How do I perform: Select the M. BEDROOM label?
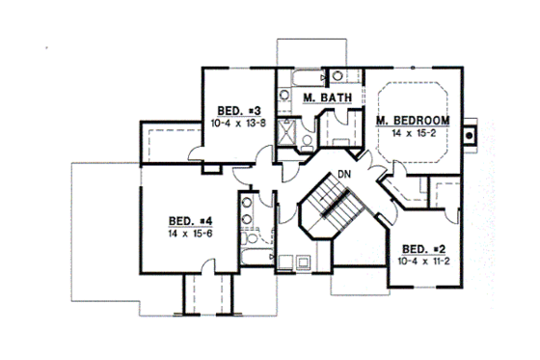pos(413,120)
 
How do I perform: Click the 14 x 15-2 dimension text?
pos(413,132)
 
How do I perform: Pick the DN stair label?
pos(341,174)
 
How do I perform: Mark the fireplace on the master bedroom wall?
pos(470,136)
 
